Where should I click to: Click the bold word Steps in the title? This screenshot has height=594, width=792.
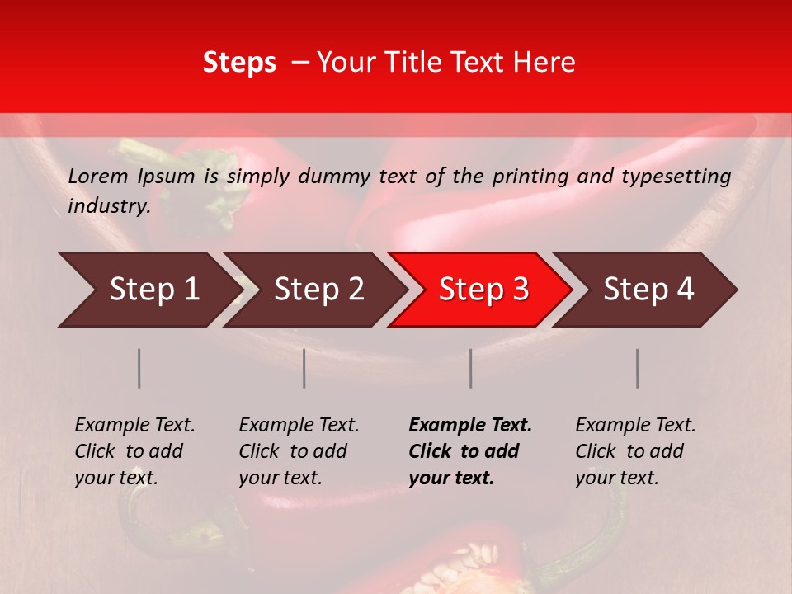[239, 63]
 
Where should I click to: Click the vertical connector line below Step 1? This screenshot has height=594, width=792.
[139, 368]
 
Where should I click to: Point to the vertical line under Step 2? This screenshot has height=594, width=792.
[304, 368]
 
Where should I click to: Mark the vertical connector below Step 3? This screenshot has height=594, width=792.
[471, 368]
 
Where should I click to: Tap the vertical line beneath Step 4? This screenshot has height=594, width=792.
[637, 368]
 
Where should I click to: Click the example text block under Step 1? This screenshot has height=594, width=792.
[134, 451]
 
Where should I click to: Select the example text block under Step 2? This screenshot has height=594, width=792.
[299, 451]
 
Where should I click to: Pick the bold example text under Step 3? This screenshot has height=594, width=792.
[470, 451]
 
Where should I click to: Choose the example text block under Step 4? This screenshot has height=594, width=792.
[635, 451]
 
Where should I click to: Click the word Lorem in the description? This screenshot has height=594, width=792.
[97, 176]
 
